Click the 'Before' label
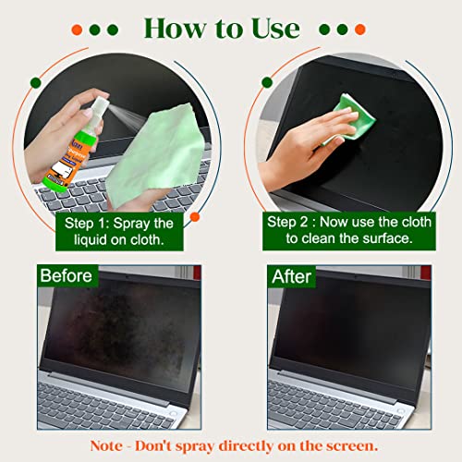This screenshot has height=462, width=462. point(66,275)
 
